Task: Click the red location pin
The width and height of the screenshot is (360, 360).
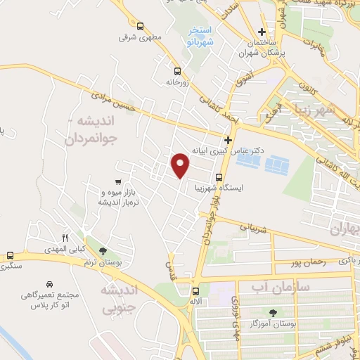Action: point(181,165)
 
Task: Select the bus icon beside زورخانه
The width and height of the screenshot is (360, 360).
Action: point(176,70)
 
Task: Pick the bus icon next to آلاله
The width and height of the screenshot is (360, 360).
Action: point(196,290)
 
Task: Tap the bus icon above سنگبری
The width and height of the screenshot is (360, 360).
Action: point(10,256)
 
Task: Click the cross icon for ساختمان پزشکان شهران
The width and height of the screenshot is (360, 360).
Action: point(262,32)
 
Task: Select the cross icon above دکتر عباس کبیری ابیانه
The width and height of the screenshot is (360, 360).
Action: point(228,140)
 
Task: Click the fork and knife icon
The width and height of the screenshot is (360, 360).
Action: point(65,238)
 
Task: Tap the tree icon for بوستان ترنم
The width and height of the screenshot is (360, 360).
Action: point(103,251)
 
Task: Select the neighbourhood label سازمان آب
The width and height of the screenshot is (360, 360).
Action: point(271,286)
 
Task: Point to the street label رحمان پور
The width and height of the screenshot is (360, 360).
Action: point(304,263)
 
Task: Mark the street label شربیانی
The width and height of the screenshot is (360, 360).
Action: point(255,228)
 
